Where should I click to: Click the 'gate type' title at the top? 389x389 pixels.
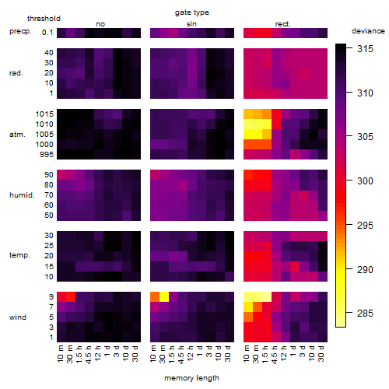tap(192, 12)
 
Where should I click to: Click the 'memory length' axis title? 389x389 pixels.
tap(191, 378)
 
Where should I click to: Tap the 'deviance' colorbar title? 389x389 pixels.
tap(368, 31)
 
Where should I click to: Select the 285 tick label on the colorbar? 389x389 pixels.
tap(365, 314)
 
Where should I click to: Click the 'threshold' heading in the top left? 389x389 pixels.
tap(44, 19)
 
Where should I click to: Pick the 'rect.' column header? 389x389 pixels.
tap(283, 24)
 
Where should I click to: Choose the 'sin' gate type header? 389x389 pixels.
tap(191, 24)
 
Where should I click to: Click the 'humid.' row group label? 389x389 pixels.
tap(22, 195)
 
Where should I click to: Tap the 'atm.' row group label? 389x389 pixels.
tap(17, 135)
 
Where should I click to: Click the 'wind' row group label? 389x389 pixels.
tap(18, 317)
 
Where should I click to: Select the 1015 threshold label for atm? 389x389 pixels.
tap(44, 114)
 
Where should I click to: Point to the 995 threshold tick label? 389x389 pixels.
tap(47, 155)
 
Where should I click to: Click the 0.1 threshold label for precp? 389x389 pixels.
tap(47, 33)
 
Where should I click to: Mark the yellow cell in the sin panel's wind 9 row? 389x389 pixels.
tap(164, 296)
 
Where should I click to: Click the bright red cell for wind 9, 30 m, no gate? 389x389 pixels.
tap(71, 296)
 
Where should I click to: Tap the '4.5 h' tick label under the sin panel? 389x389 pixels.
tap(181, 354)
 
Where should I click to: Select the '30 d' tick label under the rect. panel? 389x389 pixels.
tap(321, 353)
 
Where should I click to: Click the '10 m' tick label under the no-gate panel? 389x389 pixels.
tap(60, 353)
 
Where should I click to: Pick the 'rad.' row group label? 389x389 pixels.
tap(16, 73)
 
